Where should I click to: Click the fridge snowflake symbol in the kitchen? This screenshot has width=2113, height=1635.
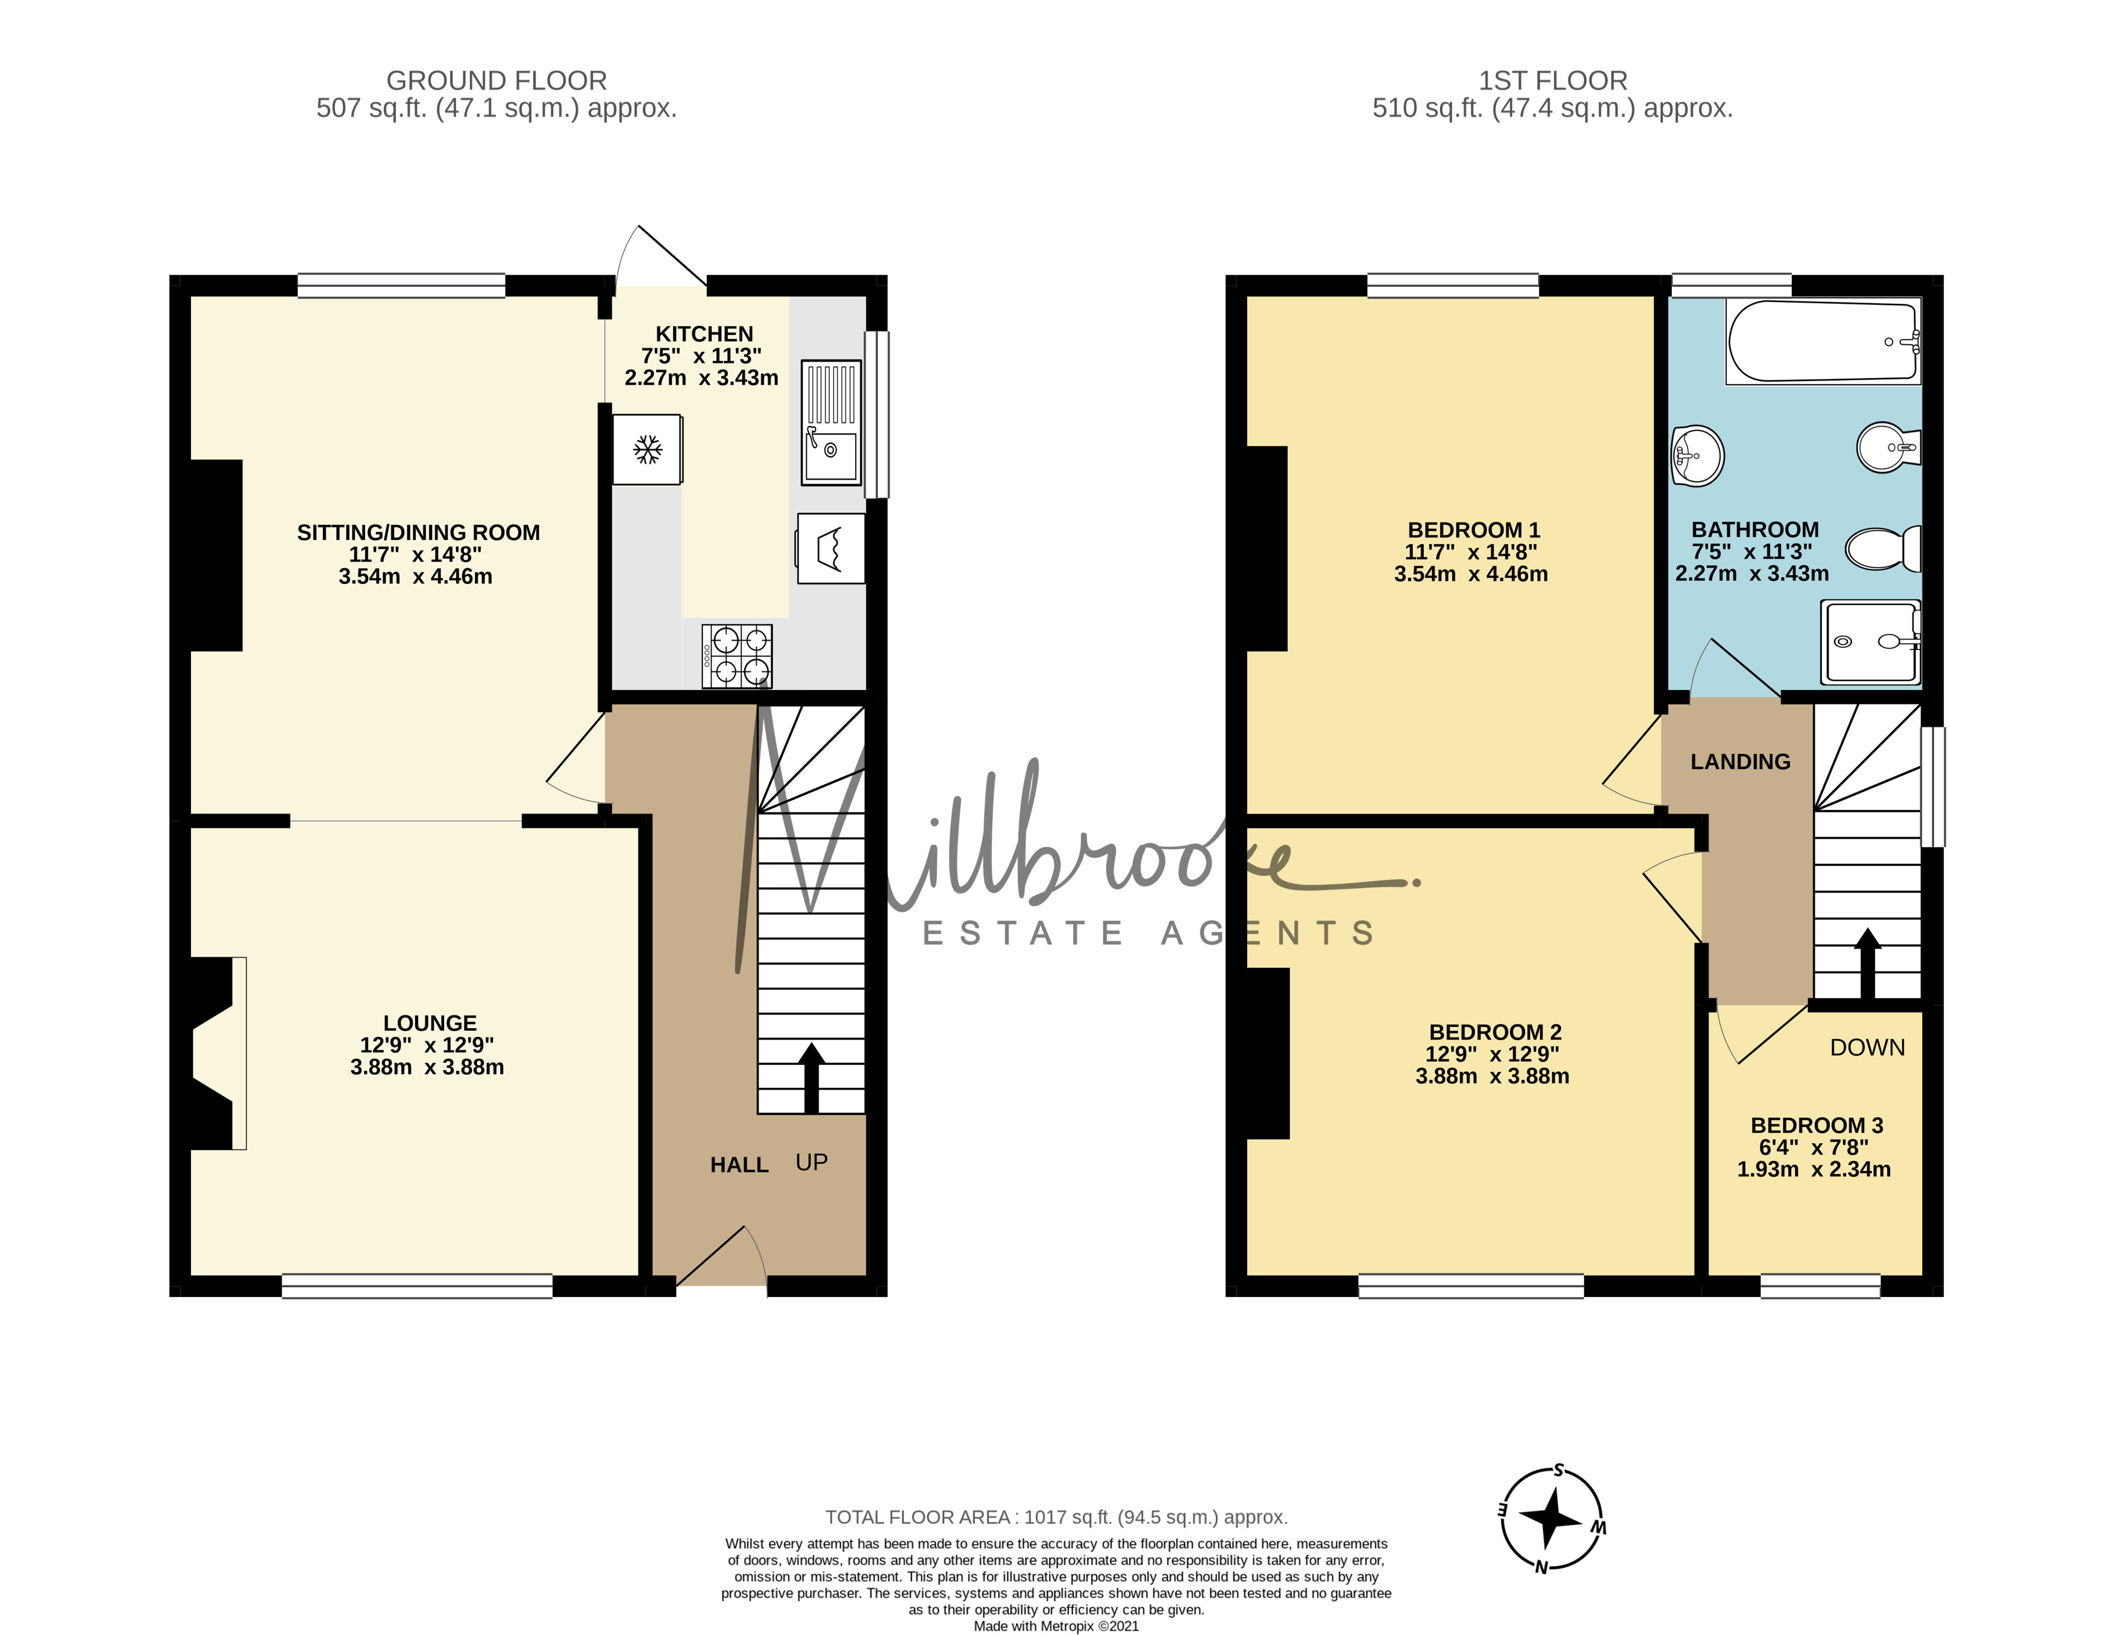647,449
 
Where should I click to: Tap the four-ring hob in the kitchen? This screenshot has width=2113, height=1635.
737,656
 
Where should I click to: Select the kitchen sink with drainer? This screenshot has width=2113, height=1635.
831,423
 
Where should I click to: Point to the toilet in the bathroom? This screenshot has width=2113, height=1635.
1883,548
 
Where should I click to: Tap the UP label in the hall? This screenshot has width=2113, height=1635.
812,1162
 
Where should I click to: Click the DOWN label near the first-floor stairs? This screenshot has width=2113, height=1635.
1867,1047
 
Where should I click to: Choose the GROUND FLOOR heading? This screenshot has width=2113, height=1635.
496,80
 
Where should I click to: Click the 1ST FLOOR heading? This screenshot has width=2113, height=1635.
1553,80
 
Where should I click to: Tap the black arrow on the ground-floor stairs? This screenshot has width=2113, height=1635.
811,1078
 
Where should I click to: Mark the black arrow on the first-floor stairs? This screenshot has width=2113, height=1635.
1867,962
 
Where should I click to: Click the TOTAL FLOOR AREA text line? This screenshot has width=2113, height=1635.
1057,1517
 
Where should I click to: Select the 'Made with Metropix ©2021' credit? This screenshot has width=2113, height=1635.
1057,1627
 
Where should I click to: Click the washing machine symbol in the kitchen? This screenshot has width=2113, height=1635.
831,548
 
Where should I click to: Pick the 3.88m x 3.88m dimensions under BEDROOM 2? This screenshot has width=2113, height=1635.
1492,1076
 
